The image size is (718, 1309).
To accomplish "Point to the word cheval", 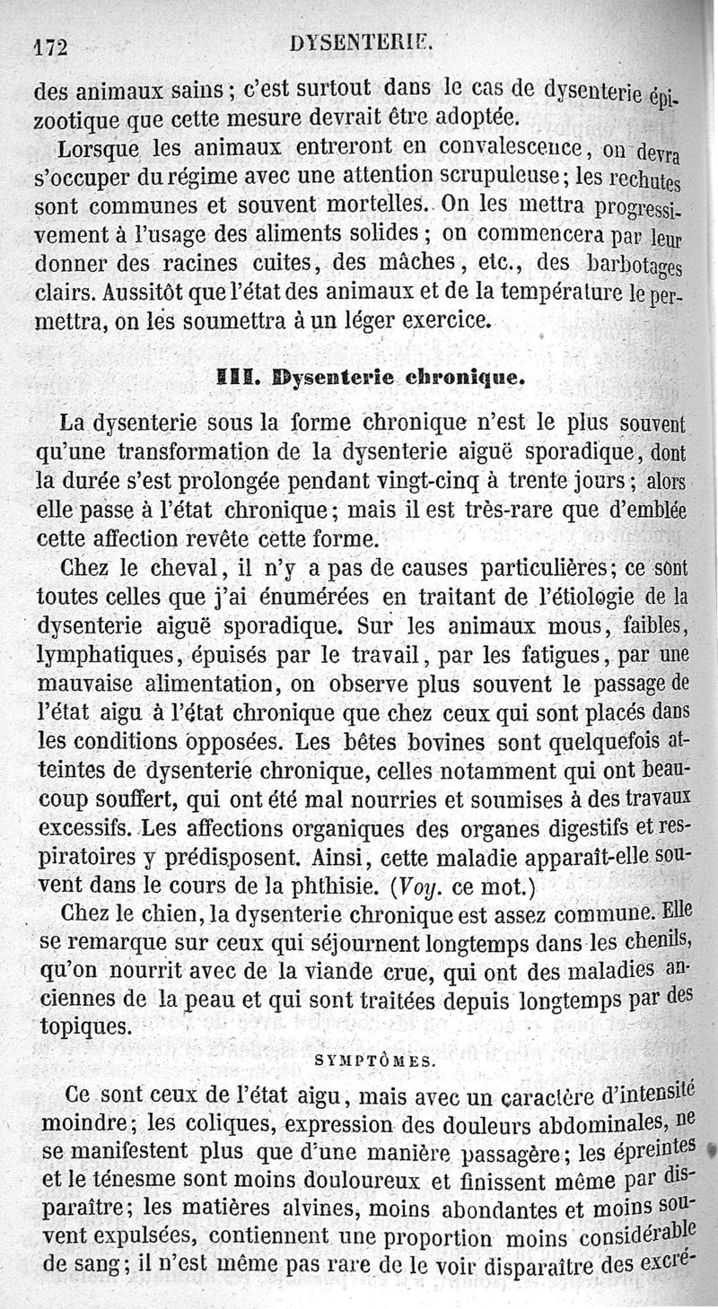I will pos(180,569).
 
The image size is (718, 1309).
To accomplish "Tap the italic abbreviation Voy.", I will pos(419,887).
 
